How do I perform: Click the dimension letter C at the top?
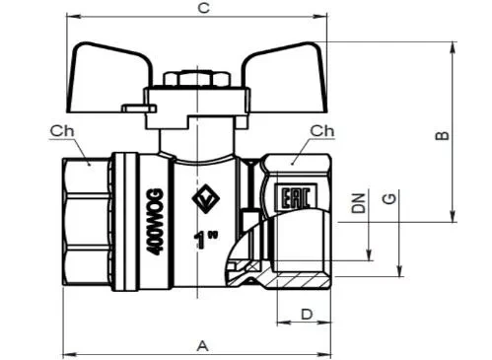point(204,8)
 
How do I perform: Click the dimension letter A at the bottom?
point(203,346)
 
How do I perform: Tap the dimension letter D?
point(307,315)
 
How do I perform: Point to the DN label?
point(359,203)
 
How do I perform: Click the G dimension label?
point(389,198)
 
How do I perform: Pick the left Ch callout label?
point(62,131)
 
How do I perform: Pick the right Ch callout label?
point(322,131)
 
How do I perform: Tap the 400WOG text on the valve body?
point(154,222)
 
